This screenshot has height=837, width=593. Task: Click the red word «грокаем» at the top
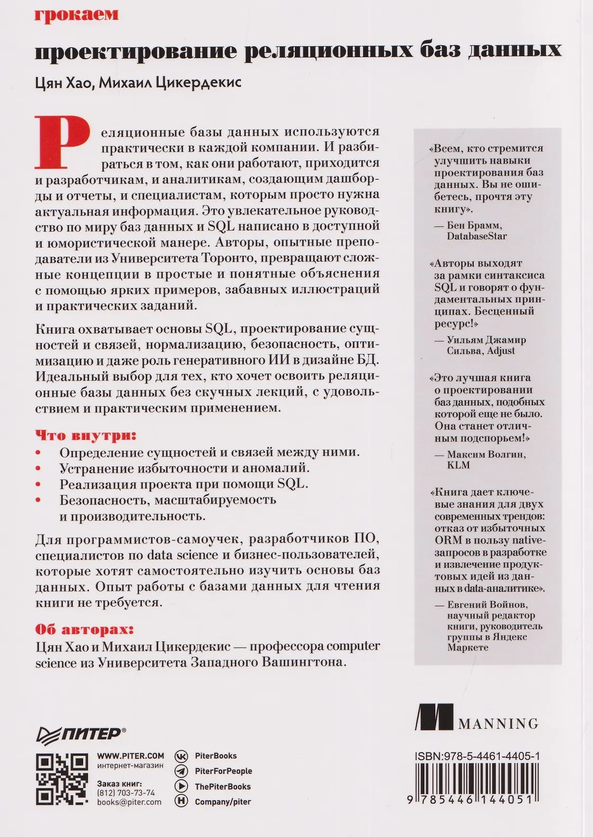tap(76, 14)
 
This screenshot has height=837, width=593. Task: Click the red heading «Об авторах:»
tap(84, 630)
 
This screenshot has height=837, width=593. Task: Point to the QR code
tap(61, 779)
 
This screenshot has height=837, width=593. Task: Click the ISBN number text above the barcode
tap(477, 757)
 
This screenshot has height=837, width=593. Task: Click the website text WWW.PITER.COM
tap(130, 756)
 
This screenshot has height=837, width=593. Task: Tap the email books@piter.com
tap(129, 802)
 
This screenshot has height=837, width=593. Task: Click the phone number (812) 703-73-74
tap(126, 793)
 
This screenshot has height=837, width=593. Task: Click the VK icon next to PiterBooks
tap(181, 756)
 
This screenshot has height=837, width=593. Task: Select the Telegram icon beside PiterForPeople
tap(181, 771)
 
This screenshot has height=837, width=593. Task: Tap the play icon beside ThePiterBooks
tap(181, 787)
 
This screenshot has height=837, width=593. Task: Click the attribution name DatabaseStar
tap(477, 236)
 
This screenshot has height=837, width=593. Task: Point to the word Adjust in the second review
tap(500, 351)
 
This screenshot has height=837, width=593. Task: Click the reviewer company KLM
tap(459, 465)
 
